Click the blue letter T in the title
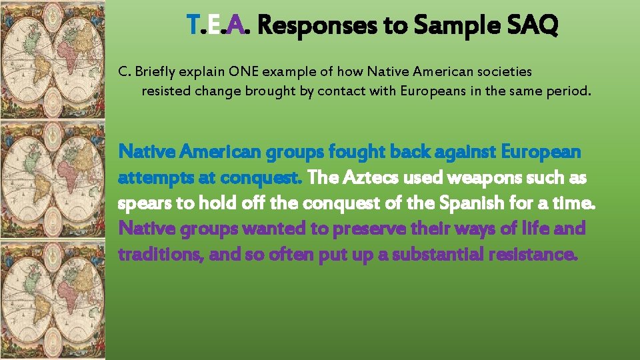(x=193, y=26)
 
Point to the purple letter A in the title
(x=235, y=26)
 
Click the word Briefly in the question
(x=153, y=71)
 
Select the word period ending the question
(x=568, y=91)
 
